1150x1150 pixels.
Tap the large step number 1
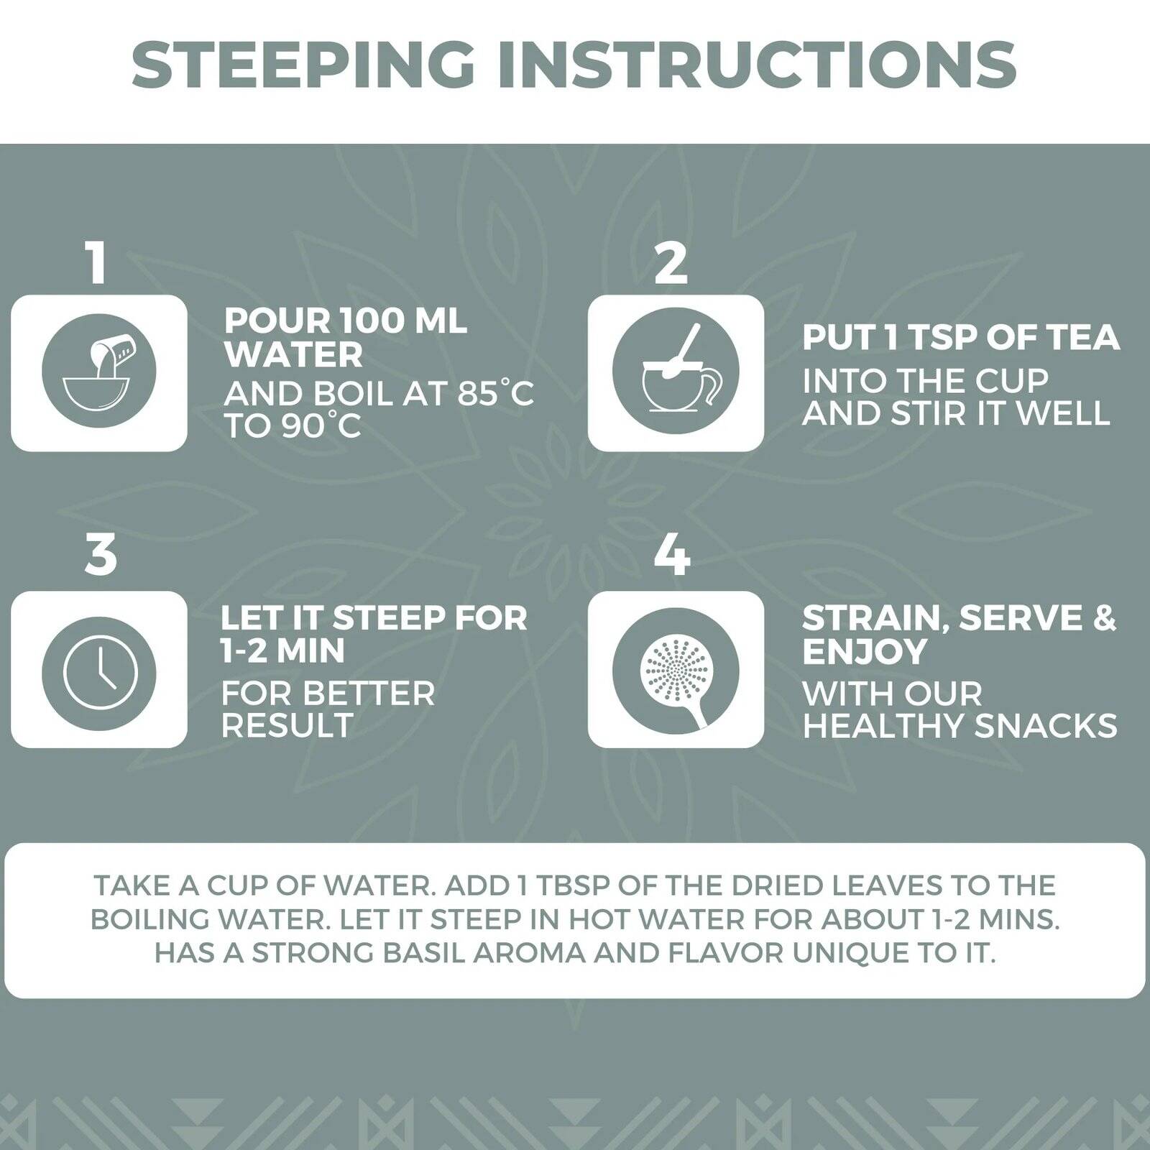tap(98, 262)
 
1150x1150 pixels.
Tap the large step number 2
tap(671, 262)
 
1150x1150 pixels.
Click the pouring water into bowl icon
tap(99, 372)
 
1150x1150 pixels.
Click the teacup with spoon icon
tap(676, 372)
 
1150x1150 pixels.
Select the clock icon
tap(99, 670)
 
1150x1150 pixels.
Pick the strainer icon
tap(676, 670)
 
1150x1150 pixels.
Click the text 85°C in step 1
tap(495, 393)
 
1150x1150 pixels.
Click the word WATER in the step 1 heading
tap(293, 354)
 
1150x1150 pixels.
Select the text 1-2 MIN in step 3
tap(282, 650)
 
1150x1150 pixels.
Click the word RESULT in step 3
tap(287, 724)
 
